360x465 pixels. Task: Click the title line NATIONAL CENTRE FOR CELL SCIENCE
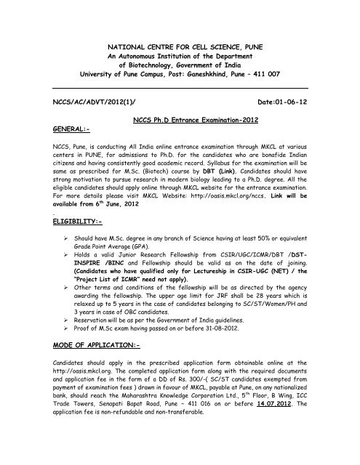pyautogui.click(x=180, y=45)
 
